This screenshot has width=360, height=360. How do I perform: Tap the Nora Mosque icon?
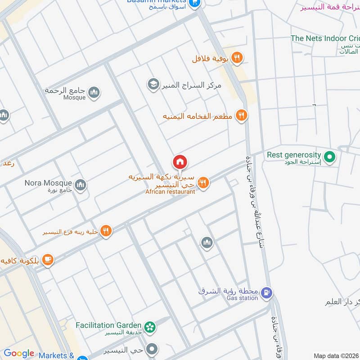tap(81, 185)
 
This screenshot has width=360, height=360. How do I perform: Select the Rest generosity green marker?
tap(331, 157)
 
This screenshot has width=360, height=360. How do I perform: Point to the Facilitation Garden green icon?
tap(150, 326)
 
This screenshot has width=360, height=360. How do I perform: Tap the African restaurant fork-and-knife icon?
tap(203, 183)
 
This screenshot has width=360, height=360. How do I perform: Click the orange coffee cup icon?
tap(48, 260)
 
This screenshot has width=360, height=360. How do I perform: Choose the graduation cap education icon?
tap(153, 84)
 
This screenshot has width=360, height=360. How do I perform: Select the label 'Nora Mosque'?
tap(49, 183)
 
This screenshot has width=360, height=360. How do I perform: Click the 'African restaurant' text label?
tap(170, 192)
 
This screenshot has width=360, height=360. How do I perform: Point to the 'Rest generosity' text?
tap(294, 154)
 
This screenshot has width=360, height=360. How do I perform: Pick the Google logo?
tap(19, 353)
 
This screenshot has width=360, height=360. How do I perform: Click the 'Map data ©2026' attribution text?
tap(336, 356)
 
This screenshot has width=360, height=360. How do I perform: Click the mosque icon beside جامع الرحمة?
tap(94, 93)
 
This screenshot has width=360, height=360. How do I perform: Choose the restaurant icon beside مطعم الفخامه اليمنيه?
tap(242, 116)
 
